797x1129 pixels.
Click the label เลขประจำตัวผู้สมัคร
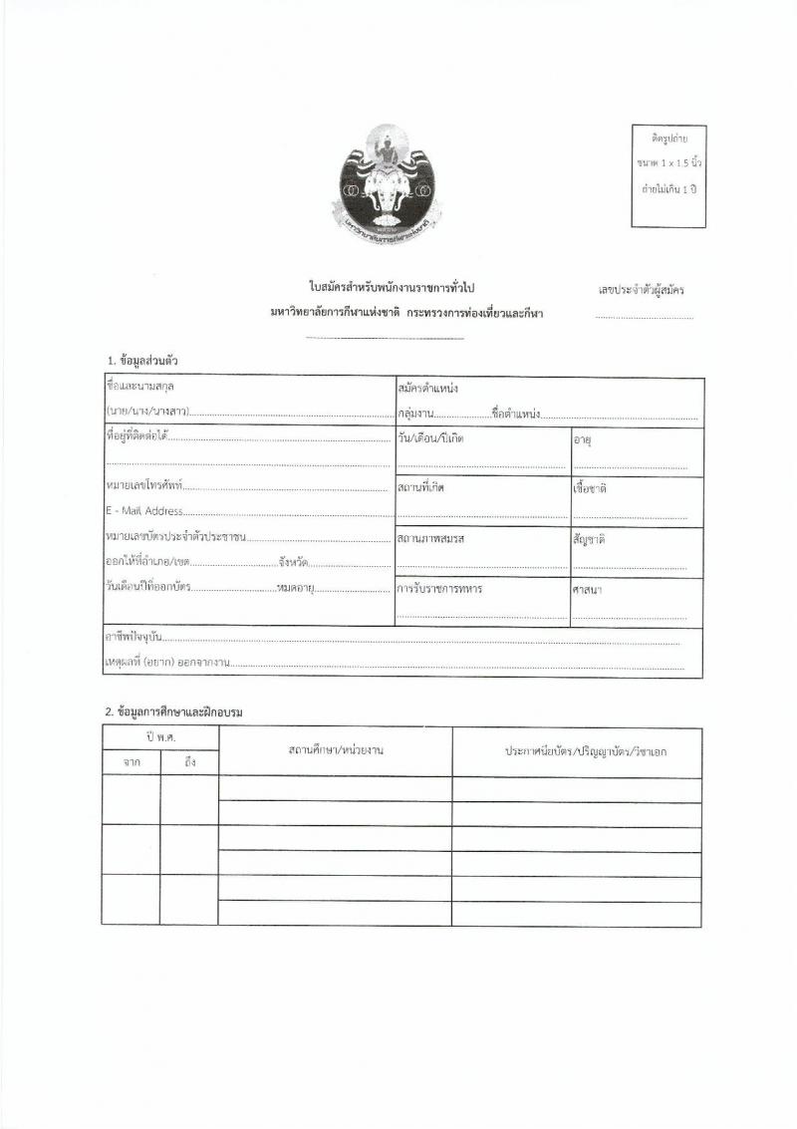(641, 291)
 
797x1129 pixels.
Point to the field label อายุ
(583, 439)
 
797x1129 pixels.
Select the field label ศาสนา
(587, 590)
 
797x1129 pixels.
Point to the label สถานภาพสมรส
(431, 538)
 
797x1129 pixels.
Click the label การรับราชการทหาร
(439, 589)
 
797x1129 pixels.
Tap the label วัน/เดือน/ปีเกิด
(431, 438)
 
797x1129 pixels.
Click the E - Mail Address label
(143, 511)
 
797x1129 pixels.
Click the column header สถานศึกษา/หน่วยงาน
(336, 750)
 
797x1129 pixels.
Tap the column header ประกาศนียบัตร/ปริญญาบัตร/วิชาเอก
(586, 750)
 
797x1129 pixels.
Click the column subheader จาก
(132, 762)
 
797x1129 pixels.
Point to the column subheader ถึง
(189, 762)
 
